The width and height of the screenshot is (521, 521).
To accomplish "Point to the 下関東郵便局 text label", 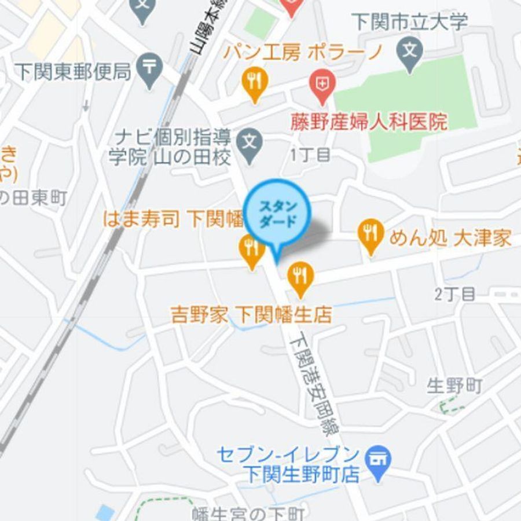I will [72, 72].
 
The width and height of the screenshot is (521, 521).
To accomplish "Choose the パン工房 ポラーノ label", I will [303, 53].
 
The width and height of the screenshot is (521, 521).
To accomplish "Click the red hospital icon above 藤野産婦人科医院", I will [320, 83].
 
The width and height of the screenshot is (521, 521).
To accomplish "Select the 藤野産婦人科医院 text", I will [369, 122].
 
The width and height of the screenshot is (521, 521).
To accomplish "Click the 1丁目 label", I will [310, 155].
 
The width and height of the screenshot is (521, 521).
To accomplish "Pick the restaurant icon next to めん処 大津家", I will [369, 234].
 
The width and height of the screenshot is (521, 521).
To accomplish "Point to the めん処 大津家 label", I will [450, 238].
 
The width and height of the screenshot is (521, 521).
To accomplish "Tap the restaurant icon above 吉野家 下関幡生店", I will [300, 276].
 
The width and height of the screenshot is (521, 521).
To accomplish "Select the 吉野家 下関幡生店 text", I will [251, 315].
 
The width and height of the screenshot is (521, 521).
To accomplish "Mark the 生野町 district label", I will [454, 386].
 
